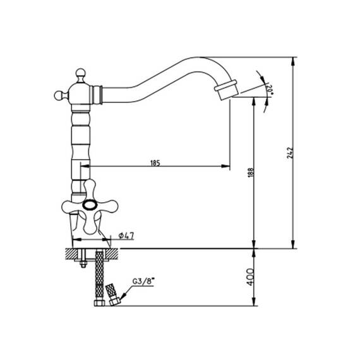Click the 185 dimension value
pyautogui.click(x=155, y=163)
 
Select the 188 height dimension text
pyautogui.click(x=251, y=172)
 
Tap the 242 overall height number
pyautogui.click(x=290, y=153)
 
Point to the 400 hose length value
pyautogui.click(x=250, y=277)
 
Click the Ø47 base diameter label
pyautogui.click(x=126, y=236)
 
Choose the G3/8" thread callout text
pyautogui.click(x=143, y=281)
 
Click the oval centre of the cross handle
pyautogui.click(x=90, y=205)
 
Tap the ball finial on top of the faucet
pyautogui.click(x=81, y=73)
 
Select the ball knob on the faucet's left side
pyautogui.click(x=59, y=95)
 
